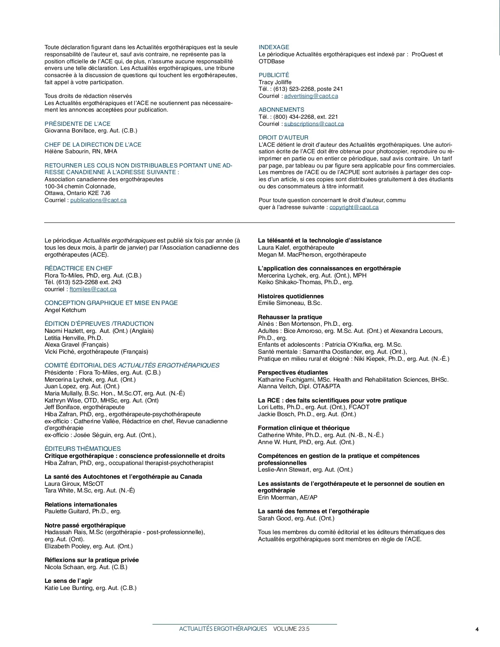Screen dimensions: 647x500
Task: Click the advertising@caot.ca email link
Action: point(311,96)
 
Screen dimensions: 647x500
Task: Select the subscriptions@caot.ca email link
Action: point(314,124)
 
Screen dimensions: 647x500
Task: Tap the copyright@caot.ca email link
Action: point(354,207)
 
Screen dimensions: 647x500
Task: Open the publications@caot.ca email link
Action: point(98,200)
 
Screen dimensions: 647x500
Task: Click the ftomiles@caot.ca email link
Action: point(93,289)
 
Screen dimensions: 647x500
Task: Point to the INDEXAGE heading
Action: point(274,47)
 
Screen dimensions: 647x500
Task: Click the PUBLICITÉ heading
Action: point(274,75)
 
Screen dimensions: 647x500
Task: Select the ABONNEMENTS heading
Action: point(281,110)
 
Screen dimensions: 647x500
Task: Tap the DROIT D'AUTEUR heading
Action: point(283,137)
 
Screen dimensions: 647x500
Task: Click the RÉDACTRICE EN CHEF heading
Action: point(78,268)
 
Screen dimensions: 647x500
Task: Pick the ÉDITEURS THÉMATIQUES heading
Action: point(82,449)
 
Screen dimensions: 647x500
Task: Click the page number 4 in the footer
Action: point(477,630)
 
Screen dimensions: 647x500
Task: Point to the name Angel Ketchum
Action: point(65,310)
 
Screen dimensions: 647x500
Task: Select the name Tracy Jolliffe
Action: point(275,82)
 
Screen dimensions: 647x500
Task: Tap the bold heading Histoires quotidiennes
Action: point(291,296)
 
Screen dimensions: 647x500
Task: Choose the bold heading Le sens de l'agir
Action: point(68,581)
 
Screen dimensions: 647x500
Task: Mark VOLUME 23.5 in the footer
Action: point(291,629)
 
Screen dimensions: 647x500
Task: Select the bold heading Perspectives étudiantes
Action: point(293,372)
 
